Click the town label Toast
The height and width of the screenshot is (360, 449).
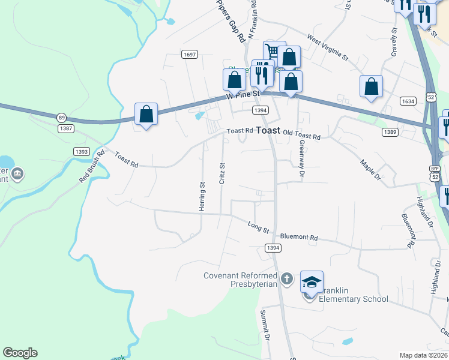[268, 130]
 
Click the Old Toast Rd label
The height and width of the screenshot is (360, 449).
[301, 136]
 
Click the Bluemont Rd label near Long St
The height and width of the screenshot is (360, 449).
[298, 238]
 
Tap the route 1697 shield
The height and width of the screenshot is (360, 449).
[190, 55]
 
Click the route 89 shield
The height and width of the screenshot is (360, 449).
[62, 117]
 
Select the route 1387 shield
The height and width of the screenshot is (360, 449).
[66, 128]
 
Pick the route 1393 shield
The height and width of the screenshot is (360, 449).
[82, 152]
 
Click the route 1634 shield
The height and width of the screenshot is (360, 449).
[408, 101]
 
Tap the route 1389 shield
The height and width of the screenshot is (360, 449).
[390, 132]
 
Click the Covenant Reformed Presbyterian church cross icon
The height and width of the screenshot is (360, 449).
[288, 279]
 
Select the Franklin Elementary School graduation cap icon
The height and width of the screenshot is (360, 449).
[312, 281]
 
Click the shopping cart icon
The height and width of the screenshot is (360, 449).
[274, 52]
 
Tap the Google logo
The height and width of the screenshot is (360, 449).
[20, 353]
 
